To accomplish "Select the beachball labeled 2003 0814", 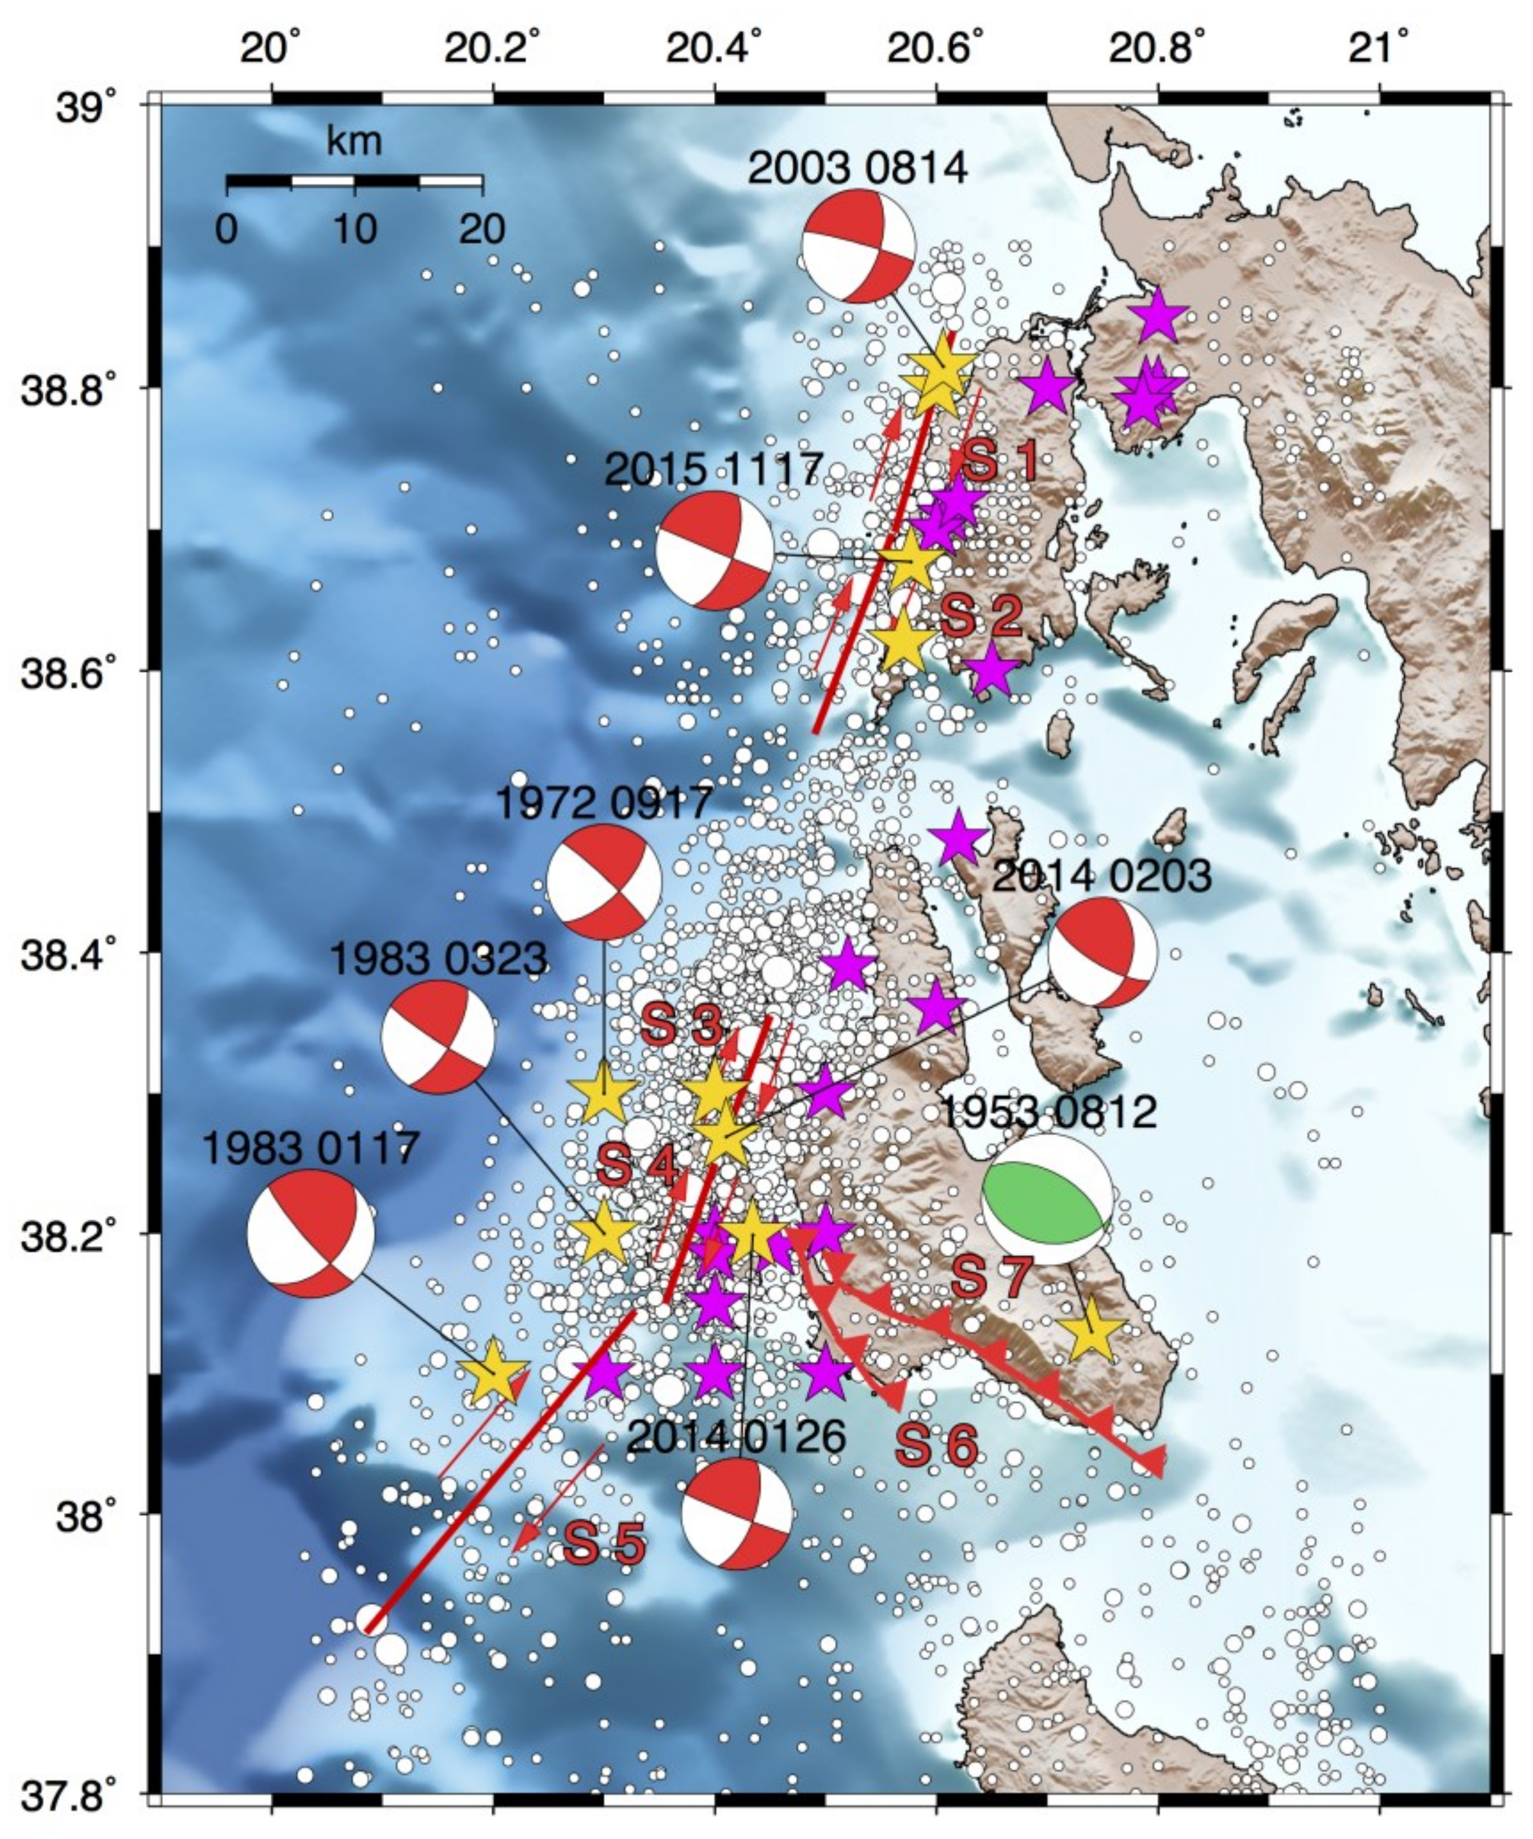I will (859, 246).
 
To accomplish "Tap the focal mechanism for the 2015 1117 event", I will (715, 550).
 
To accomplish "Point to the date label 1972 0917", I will (604, 803).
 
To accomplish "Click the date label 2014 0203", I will (1102, 876).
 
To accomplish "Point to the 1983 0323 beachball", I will (438, 1037).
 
